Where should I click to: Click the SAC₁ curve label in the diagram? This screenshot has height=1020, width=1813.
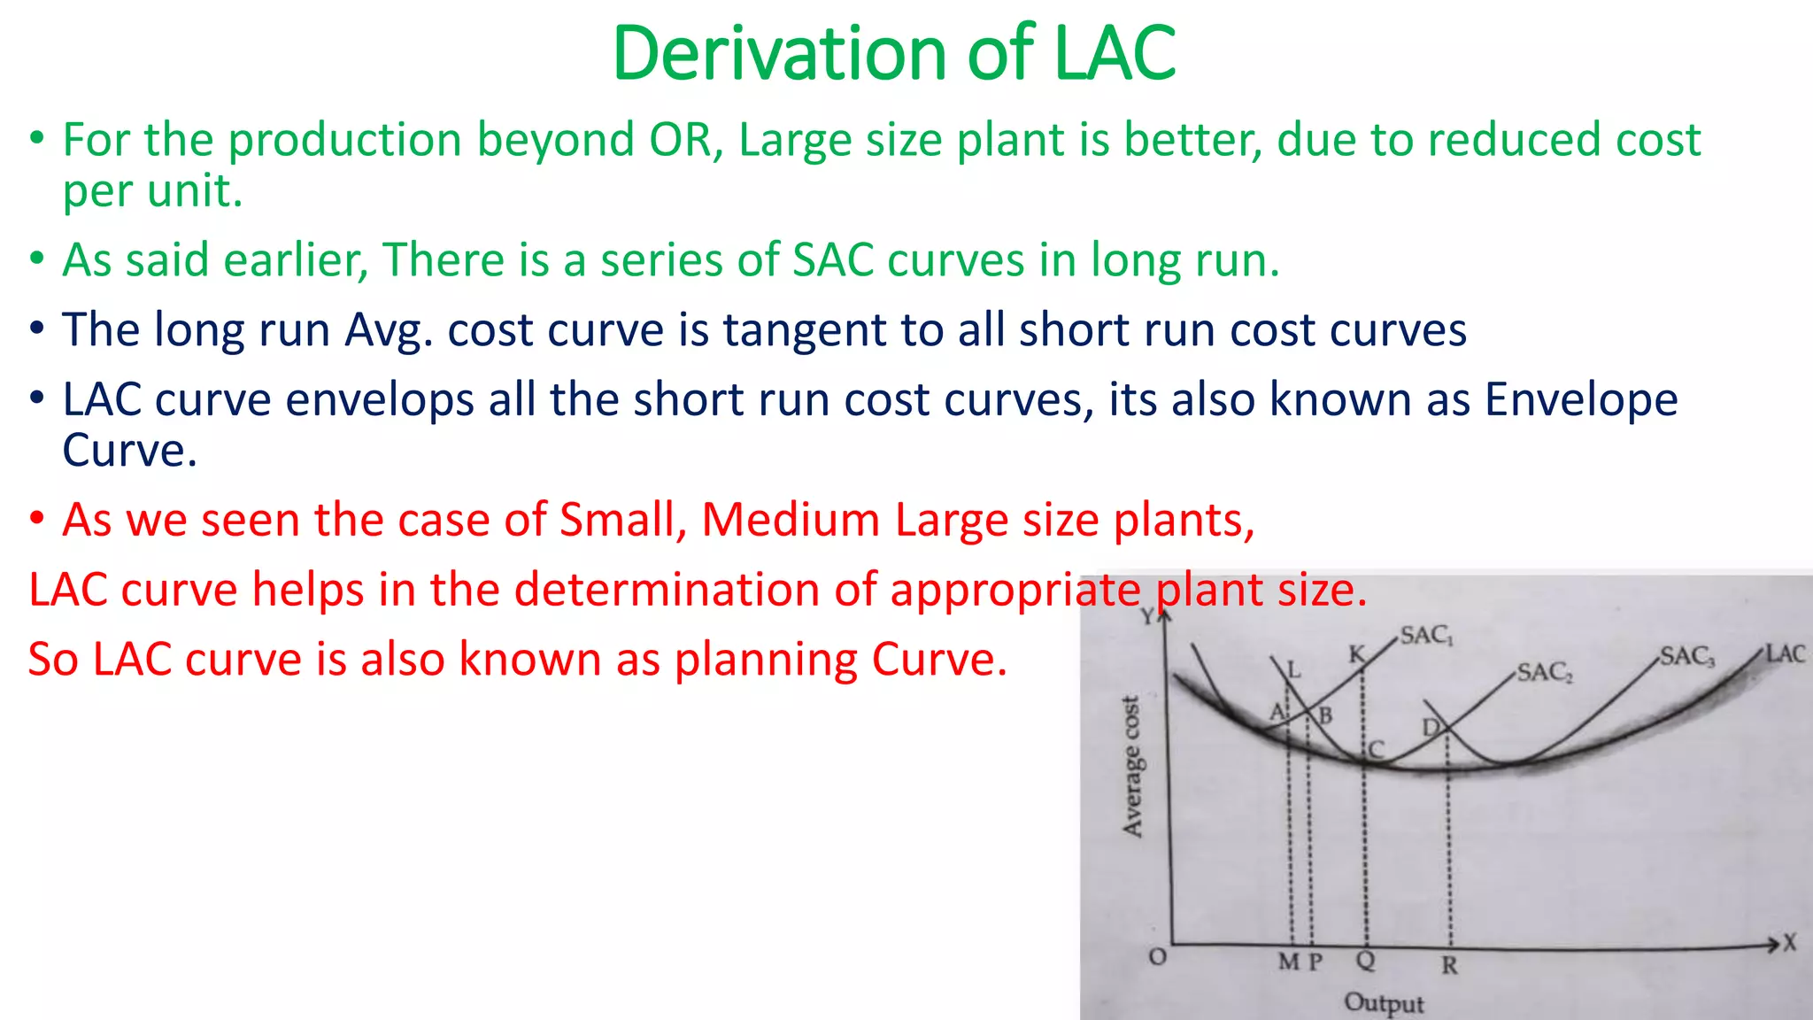click(1426, 636)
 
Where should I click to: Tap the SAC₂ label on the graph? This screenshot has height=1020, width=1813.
click(1545, 672)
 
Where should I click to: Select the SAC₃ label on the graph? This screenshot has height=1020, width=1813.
click(1687, 656)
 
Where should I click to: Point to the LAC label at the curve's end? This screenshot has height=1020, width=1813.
click(1785, 653)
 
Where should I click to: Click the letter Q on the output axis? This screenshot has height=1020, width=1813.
click(1366, 960)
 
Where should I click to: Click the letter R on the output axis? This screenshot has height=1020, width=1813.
click(1449, 965)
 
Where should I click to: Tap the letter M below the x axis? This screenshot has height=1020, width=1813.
click(1289, 962)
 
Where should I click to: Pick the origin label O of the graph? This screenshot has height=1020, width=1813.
click(1157, 957)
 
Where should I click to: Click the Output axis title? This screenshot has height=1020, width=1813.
click(1384, 1003)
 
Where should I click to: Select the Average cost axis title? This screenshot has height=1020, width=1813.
click(1132, 767)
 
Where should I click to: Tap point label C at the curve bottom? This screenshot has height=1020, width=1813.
click(1376, 750)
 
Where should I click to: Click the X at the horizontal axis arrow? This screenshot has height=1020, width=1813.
click(1790, 943)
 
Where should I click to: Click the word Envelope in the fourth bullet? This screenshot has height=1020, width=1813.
click(1581, 399)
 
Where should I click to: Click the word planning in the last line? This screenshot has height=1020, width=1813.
click(765, 660)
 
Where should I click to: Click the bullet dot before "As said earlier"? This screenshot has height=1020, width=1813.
click(36, 260)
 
